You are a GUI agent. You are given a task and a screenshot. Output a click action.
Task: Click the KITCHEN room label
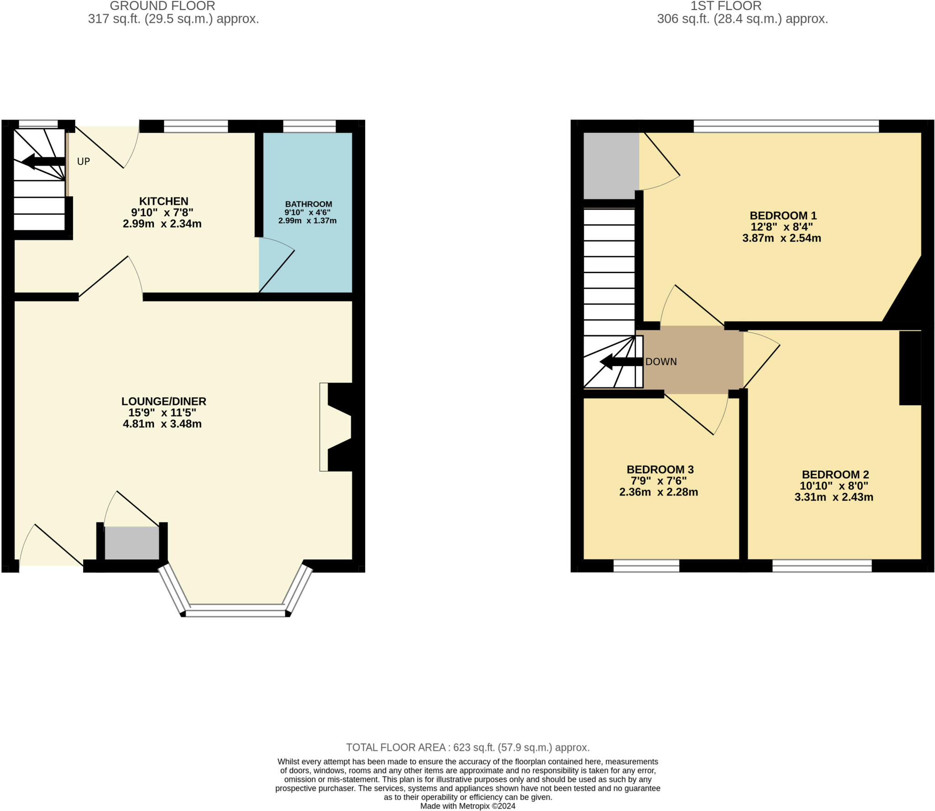[x=163, y=201]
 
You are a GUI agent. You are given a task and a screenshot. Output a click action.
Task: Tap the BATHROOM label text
[x=309, y=204]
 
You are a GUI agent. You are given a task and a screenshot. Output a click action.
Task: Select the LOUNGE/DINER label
[x=163, y=401]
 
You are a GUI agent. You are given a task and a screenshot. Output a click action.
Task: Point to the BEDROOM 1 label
[x=783, y=216]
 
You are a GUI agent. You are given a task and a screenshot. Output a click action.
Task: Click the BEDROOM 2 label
[x=835, y=474]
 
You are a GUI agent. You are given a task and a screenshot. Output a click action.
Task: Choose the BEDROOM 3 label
[x=660, y=469]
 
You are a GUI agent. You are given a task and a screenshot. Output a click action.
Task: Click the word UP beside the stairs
[x=84, y=161]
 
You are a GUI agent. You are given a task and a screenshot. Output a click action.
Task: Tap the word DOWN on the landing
[x=661, y=362]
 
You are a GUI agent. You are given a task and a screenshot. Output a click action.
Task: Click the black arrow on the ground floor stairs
[x=43, y=161]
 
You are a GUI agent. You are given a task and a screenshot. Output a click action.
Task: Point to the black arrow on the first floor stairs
[x=621, y=362]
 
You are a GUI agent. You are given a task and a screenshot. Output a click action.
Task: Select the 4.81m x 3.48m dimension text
[x=162, y=424]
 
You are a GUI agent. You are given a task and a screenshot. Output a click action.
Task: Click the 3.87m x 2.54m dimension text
[x=782, y=238]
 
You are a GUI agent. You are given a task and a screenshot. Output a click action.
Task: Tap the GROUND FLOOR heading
[x=163, y=6]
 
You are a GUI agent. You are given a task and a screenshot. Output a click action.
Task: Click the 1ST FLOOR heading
[x=726, y=6]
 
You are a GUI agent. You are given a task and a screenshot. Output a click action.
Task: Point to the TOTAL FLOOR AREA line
[x=467, y=748]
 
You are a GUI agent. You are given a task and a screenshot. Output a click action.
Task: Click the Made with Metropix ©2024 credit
[x=467, y=806]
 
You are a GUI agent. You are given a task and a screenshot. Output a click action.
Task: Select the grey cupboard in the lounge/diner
[x=132, y=543]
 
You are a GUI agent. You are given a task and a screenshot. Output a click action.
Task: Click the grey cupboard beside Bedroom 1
[x=611, y=166]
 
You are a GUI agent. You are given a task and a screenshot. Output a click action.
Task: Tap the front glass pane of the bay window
[x=236, y=611]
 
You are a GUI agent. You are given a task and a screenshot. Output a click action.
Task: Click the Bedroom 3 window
[x=646, y=566]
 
